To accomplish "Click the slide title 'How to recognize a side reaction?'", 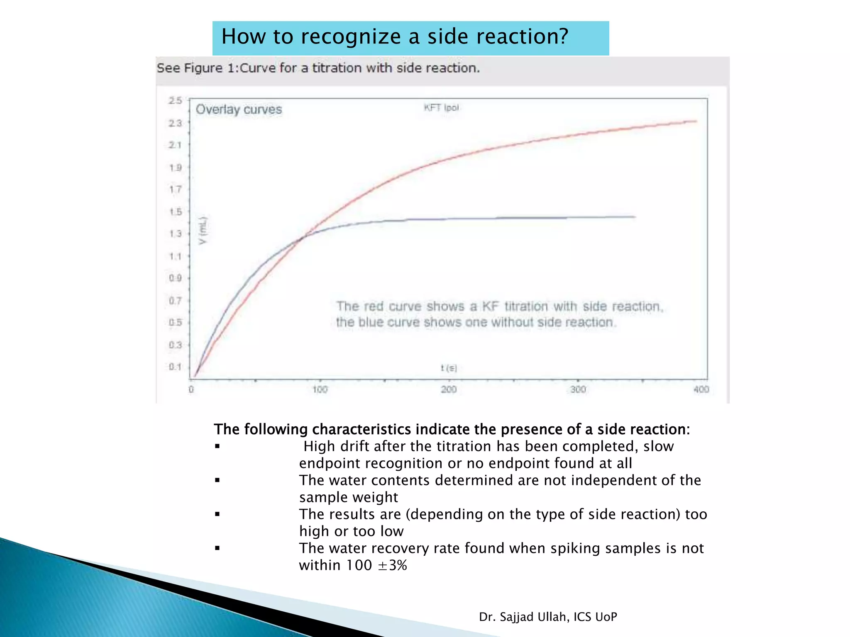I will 394,36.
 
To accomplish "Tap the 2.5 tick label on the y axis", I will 175,101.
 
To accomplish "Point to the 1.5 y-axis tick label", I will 175,212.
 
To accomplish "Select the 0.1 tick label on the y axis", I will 175,367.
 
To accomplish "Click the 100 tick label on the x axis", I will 320,389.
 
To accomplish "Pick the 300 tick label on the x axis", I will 578,389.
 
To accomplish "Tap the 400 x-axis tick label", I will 701,389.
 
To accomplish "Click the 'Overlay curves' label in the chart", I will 239,109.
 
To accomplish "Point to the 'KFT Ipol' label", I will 441,108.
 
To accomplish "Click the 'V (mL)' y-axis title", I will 203,231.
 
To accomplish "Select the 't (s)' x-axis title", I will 449,368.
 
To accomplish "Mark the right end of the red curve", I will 696,121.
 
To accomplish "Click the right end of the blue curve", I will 635,216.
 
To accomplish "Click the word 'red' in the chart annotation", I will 373,306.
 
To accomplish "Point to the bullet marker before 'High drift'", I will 217,447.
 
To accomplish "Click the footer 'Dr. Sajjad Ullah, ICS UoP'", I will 548,617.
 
